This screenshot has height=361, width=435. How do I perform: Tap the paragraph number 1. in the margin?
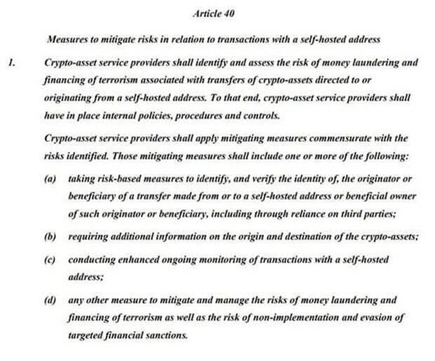(11, 63)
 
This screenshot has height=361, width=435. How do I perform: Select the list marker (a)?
(49, 179)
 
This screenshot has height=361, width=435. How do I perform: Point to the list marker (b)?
(49, 237)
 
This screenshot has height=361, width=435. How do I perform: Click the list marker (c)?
(49, 260)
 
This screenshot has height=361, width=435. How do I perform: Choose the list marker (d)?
(49, 300)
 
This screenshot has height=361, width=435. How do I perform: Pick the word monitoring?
(222, 260)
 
